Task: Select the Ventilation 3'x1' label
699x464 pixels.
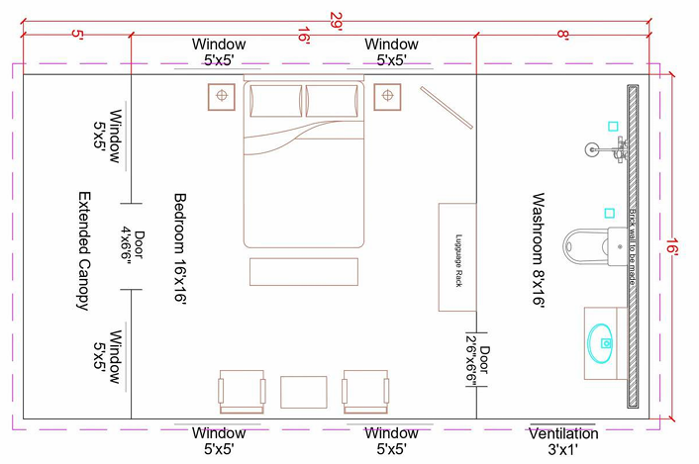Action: (x=562, y=441)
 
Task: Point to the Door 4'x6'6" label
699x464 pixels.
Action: (x=133, y=245)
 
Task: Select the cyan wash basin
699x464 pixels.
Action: (x=600, y=339)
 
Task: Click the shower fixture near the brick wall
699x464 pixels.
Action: (x=606, y=149)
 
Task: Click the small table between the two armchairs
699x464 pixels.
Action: (x=303, y=392)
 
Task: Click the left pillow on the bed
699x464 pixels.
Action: (x=275, y=101)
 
